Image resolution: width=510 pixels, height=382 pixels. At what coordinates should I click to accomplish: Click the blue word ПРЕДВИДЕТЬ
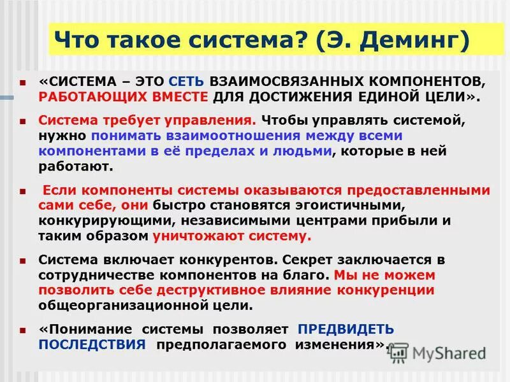pos(346,330)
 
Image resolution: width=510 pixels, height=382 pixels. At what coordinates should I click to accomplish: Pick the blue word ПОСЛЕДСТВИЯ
pos(93,344)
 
